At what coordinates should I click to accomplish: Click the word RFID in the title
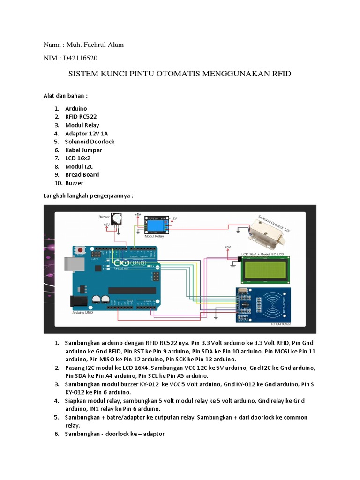click(x=280, y=74)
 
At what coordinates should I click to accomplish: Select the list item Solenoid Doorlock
click(x=90, y=142)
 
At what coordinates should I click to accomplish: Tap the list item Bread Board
click(x=82, y=175)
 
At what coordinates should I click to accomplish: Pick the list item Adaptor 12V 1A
click(x=87, y=133)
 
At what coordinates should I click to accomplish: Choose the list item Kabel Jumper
click(x=83, y=150)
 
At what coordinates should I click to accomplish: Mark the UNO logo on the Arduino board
click(x=139, y=263)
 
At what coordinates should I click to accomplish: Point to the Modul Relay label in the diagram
click(x=153, y=237)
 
